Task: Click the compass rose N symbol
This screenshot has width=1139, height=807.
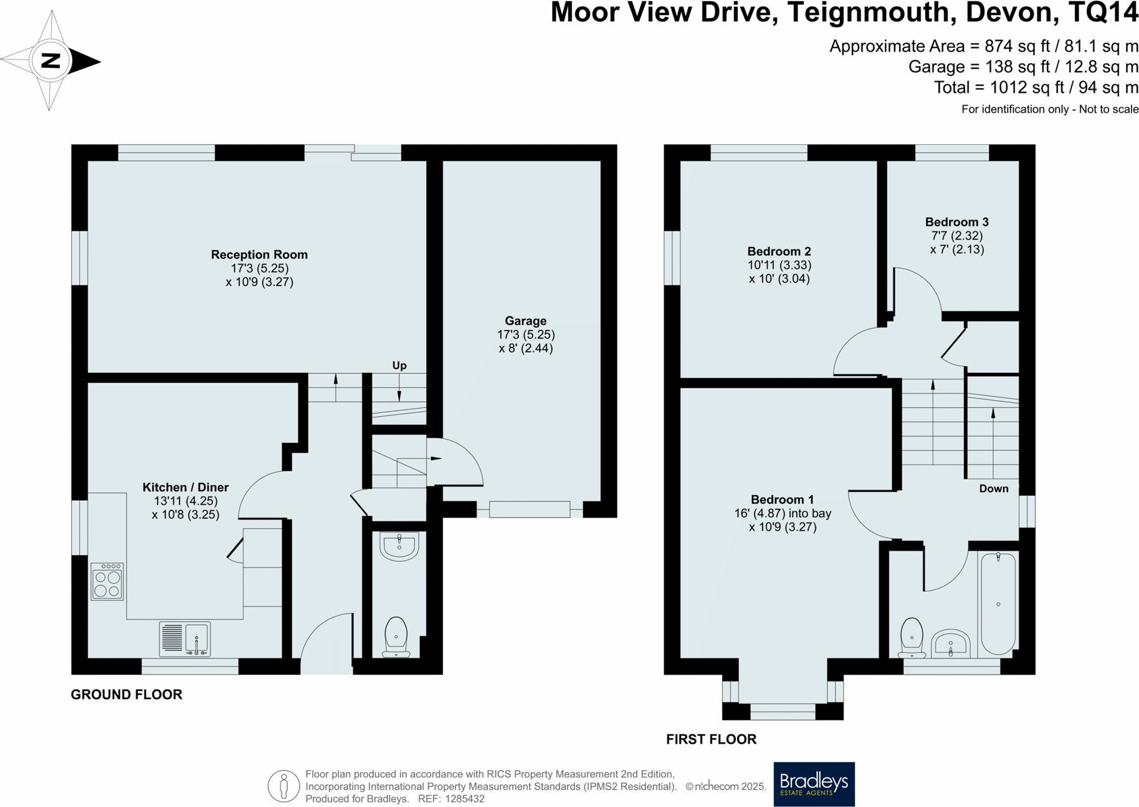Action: [50, 61]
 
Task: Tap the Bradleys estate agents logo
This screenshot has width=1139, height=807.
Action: [814, 784]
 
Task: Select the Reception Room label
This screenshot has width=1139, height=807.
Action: [259, 254]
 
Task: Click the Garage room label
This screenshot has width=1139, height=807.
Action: [525, 321]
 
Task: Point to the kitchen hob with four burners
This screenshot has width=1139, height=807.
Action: [107, 582]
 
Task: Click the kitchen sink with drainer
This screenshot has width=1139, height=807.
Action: [185, 639]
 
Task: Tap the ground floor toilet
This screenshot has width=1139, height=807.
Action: [396, 637]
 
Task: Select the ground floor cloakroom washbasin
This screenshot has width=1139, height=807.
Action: [399, 547]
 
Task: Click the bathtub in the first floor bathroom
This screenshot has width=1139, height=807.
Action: [998, 604]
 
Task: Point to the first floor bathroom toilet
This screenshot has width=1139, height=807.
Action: [912, 638]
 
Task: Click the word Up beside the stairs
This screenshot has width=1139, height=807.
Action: [399, 365]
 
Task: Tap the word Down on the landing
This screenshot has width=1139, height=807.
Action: [993, 489]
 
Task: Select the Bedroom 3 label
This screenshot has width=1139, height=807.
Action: [956, 222]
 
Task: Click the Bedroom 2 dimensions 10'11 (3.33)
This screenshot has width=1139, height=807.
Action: [779, 265]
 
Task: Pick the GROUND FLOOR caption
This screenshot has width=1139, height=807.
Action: [126, 695]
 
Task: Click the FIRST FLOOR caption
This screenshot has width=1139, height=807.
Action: [711, 740]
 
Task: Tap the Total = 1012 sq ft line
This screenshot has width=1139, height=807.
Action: [1036, 88]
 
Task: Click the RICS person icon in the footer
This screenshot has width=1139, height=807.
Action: [284, 786]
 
